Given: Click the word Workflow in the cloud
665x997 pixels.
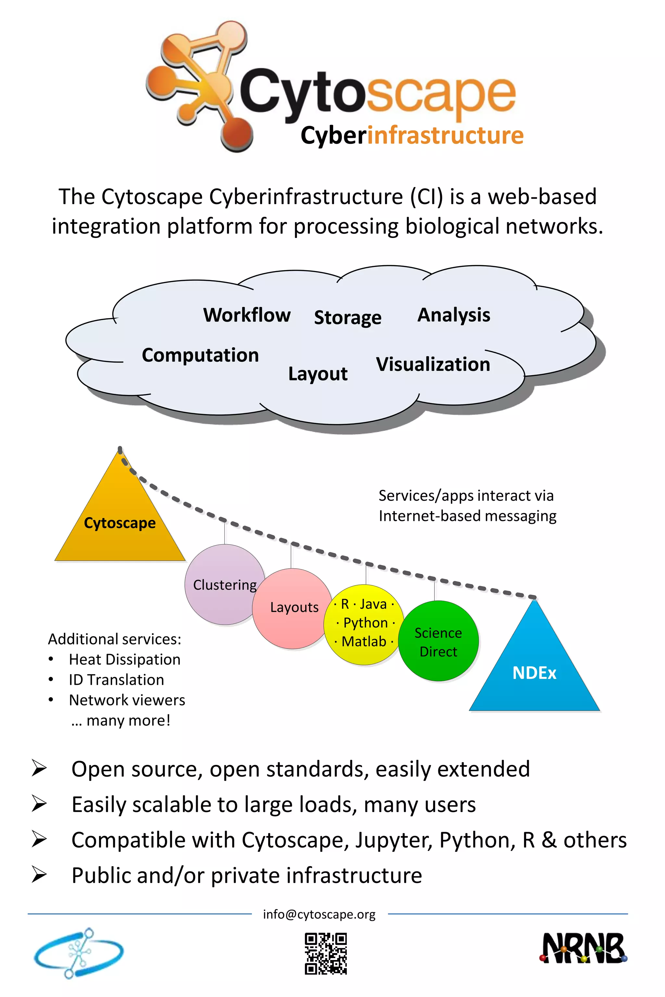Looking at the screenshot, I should point(247,315).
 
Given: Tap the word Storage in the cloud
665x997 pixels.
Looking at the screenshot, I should point(347,317).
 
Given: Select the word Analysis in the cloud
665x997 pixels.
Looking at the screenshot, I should point(454,315).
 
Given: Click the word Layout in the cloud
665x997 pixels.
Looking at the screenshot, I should point(318,374).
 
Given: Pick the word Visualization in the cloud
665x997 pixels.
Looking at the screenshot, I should point(433,364).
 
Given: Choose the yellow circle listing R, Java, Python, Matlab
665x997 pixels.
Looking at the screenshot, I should point(364,623).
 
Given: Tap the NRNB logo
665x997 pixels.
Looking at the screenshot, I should point(583,948).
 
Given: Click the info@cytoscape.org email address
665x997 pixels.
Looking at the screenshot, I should point(319,914).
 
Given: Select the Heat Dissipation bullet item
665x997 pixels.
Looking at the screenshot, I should point(125,659).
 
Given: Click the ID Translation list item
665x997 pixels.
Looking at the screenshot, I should point(116,680).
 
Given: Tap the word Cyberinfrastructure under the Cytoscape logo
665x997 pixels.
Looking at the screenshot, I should point(412,135).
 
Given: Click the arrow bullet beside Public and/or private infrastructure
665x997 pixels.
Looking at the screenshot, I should point(39,875).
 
